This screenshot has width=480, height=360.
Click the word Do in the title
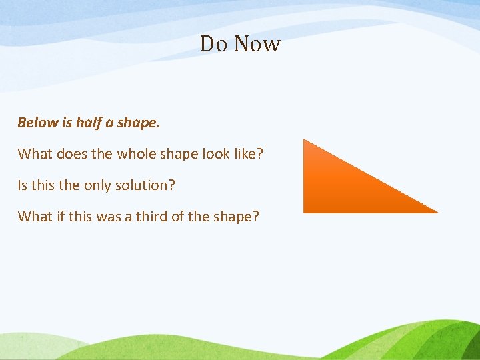[214, 44]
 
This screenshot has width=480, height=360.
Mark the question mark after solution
[171, 185]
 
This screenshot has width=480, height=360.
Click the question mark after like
[260, 154]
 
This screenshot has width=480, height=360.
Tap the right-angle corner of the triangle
[305, 211]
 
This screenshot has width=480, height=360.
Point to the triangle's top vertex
[305, 140]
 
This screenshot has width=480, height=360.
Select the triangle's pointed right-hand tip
[436, 212]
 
